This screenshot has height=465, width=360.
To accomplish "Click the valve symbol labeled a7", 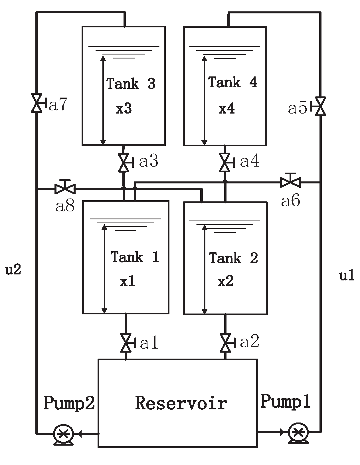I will coord(37,103).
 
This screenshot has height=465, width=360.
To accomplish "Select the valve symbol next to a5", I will coord(320,106).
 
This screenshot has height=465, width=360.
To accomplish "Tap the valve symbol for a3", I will coord(124,163).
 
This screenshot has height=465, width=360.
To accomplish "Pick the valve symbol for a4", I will coord(225,163).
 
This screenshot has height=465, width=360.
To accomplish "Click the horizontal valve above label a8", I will coord(65,188).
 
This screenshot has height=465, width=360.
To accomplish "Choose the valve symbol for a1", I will coord(126,343).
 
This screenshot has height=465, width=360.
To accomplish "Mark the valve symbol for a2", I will coord(225,343).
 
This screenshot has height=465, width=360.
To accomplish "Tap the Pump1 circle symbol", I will coord(298,432).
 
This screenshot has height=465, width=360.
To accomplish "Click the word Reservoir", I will coord(181,403).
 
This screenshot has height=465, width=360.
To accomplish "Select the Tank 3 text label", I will coord(131,84).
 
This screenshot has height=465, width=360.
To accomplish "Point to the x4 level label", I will coord(227,109).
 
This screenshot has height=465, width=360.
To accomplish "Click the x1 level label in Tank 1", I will coord(127,282).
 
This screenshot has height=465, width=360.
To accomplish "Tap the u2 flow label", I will coord(13,269).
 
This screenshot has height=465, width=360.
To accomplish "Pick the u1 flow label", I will coord(347,276).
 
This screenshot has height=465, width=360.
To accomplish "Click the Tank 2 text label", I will coord(233,258).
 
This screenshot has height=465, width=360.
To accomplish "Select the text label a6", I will coord(290,201).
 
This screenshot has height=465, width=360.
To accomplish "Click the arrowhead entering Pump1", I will coord(283,432).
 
